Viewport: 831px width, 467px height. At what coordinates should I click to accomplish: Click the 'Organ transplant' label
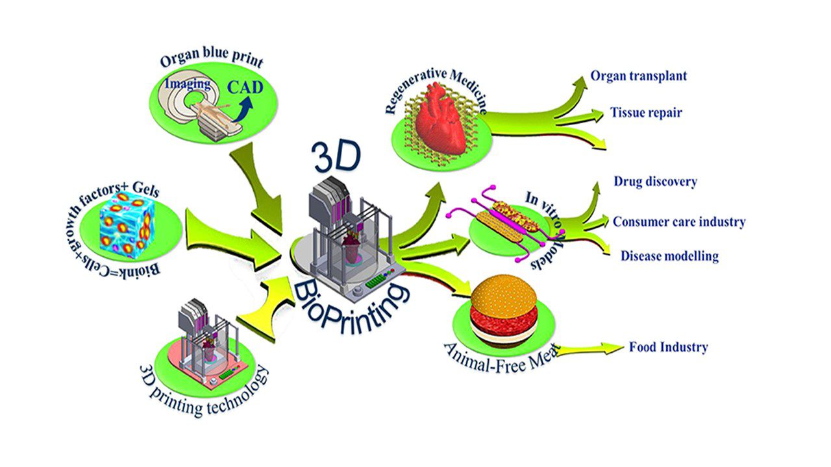tap(638, 77)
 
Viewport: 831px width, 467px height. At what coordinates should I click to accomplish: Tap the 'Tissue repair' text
tap(646, 113)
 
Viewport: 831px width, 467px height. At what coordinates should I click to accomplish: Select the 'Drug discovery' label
tap(656, 182)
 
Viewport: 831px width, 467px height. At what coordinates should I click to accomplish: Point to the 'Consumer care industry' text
tap(679, 222)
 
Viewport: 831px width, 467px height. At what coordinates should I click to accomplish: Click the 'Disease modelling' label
tap(669, 256)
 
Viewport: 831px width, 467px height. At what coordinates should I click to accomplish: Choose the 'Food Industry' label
tap(669, 347)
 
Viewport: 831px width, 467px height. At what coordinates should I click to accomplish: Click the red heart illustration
tap(441, 119)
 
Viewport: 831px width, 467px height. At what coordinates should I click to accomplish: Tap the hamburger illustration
tap(503, 311)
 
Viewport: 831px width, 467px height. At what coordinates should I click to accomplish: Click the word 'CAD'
tap(245, 88)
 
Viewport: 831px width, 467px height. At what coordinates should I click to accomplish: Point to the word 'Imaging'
tap(188, 84)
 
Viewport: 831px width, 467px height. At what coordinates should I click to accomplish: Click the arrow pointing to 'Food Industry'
tap(590, 349)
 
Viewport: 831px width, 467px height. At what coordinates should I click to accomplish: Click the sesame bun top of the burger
tap(504, 293)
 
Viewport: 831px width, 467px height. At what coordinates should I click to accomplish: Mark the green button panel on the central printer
tap(377, 281)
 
